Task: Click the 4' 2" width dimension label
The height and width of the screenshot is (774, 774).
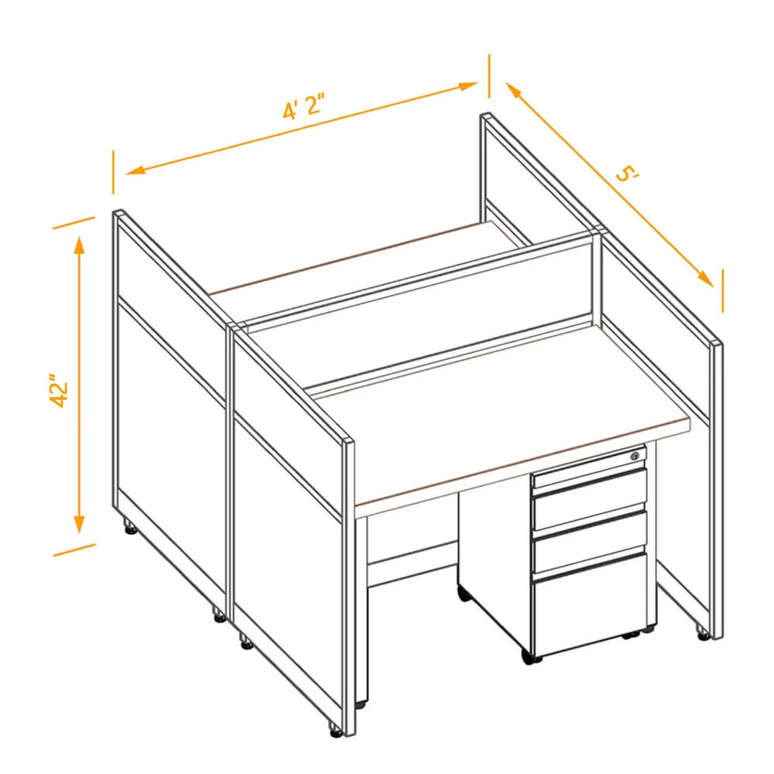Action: [x=304, y=105]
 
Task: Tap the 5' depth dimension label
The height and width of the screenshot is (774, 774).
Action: [x=628, y=173]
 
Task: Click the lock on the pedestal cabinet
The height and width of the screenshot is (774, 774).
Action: [x=635, y=456]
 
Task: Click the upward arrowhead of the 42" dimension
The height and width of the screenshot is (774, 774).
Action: [x=79, y=245]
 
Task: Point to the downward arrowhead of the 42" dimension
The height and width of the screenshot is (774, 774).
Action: [x=79, y=524]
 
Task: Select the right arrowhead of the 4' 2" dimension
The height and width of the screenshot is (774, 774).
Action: [x=468, y=86]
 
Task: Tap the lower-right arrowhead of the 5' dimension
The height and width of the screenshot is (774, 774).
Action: [x=706, y=279]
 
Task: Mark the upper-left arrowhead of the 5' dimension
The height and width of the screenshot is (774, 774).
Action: [x=513, y=91]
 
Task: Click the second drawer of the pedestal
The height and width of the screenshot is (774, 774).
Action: [x=590, y=501]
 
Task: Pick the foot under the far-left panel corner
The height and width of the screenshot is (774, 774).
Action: [x=130, y=527]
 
